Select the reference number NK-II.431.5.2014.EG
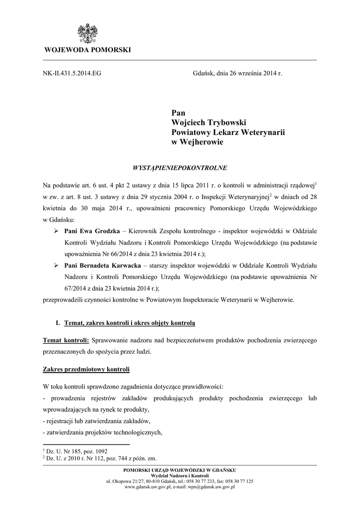click(72, 73)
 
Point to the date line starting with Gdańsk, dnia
click(237, 73)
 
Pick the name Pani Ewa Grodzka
click(92, 232)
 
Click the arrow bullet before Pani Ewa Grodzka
click(56, 232)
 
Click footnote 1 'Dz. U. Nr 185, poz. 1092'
click(75, 451)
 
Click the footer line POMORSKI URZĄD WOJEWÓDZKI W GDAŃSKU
click(180, 470)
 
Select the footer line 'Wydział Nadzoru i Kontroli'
click(180, 476)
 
